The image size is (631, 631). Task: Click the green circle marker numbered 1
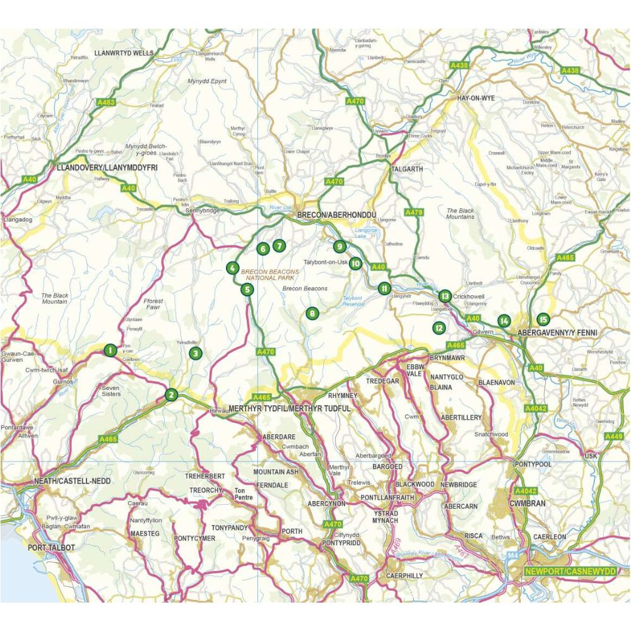pos(110,350)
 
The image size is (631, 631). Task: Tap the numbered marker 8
pos(311,313)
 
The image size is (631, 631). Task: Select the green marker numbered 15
pos(543,320)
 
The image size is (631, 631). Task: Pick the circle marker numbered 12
pos(439,327)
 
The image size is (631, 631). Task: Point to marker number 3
pos(196,353)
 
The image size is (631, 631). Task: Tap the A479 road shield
pos(413,213)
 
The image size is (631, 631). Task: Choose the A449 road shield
pos(613,437)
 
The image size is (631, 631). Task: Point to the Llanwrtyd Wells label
pos(123,54)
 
